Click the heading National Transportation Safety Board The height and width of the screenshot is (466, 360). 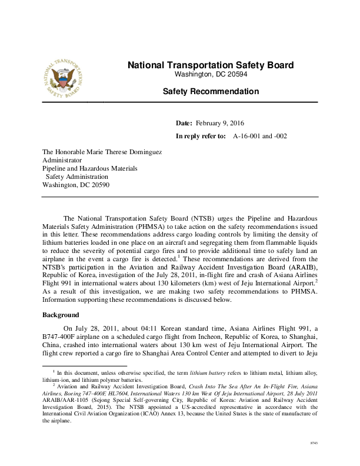click(x=211, y=65)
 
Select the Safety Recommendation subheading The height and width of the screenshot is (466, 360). click(x=211, y=91)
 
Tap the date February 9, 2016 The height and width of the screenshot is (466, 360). click(x=224, y=123)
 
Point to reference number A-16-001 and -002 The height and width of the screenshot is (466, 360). click(x=260, y=136)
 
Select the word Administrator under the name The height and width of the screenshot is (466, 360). click(x=62, y=159)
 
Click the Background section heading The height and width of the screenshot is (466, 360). click(x=61, y=315)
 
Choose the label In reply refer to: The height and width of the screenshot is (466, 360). click(x=201, y=136)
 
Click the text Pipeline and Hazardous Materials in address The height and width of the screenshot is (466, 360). click(x=90, y=168)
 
